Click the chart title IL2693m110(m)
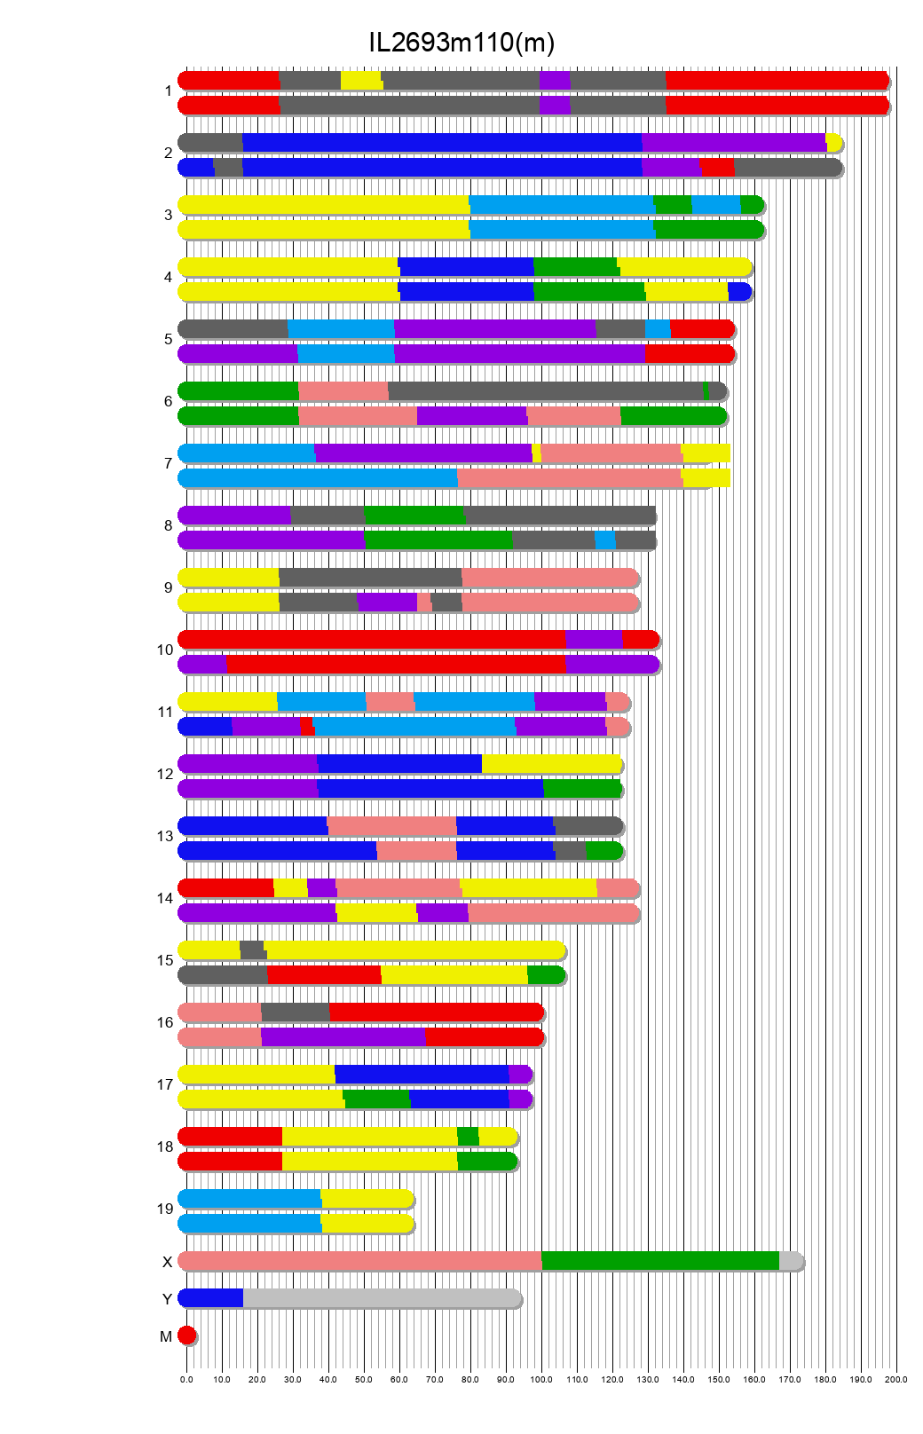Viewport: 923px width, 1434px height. coord(461,43)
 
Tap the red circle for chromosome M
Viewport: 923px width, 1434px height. coord(186,1335)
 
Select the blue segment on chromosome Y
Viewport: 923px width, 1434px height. coord(211,1297)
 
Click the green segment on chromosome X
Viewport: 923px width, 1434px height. coord(659,1260)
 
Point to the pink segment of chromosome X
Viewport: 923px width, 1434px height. coord(359,1260)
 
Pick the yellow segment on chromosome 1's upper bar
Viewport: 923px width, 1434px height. coord(361,80)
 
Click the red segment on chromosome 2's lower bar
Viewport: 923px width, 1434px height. coord(717,167)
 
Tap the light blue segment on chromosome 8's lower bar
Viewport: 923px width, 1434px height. coord(604,540)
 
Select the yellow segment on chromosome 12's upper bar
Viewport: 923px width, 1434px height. coord(551,763)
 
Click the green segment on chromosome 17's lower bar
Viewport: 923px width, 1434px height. coord(377,1099)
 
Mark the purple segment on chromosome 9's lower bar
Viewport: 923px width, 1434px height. coord(387,602)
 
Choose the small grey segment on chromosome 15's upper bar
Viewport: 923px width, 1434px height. coord(252,949)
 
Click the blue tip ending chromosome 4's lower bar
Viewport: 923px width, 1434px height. coord(739,291)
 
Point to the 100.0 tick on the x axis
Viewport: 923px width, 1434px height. coord(541,1379)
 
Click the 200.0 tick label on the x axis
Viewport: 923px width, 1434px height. coord(896,1379)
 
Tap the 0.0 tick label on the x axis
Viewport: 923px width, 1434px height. coord(186,1379)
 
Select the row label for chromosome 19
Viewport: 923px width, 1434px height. coord(165,1209)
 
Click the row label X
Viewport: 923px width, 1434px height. coord(167,1262)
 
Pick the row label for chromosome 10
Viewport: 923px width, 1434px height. coord(165,650)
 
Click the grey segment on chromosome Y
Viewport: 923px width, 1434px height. coord(382,1297)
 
